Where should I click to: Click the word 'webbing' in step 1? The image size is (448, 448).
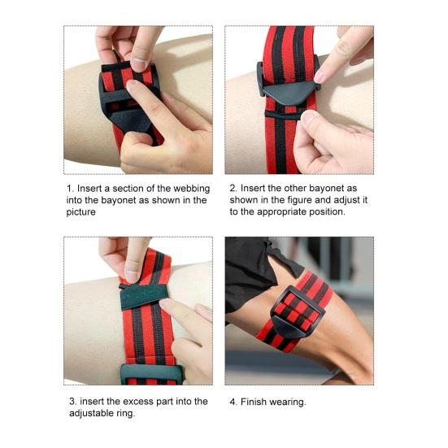(191, 189)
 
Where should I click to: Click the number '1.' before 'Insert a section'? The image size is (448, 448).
(70, 189)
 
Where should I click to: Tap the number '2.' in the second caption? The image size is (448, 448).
(233, 189)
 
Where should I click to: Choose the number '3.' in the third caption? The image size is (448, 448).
(73, 402)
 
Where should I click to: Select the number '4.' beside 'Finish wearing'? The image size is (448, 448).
(233, 402)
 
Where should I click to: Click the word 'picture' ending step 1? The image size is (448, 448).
(80, 212)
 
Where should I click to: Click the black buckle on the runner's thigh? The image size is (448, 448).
(297, 313)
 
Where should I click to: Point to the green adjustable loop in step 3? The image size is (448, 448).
(144, 296)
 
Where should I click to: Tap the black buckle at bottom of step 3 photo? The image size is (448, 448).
(151, 374)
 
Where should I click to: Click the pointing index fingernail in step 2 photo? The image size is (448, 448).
(320, 77)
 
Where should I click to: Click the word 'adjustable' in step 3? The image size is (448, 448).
(89, 413)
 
